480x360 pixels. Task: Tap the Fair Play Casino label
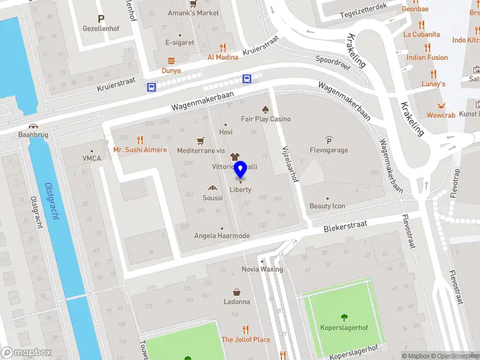tap(266, 119)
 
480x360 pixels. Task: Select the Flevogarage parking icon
tap(328, 140)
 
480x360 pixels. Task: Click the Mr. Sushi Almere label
tap(140, 149)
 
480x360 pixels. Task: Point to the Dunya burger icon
tap(171, 61)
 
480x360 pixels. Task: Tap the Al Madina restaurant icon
tap(223, 47)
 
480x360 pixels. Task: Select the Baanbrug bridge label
tap(33, 135)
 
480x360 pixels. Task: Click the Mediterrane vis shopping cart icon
tap(201, 140)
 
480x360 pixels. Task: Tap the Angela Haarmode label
tap(222, 236)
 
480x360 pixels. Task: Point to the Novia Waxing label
tap(262, 269)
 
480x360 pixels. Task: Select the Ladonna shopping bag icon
tap(237, 292)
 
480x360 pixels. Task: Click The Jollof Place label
tap(245, 340)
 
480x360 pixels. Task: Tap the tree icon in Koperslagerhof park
tap(344, 318)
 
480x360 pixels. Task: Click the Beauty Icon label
tap(327, 206)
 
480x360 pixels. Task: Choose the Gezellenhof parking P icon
tap(101, 19)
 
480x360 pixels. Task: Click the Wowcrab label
tap(440, 115)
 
